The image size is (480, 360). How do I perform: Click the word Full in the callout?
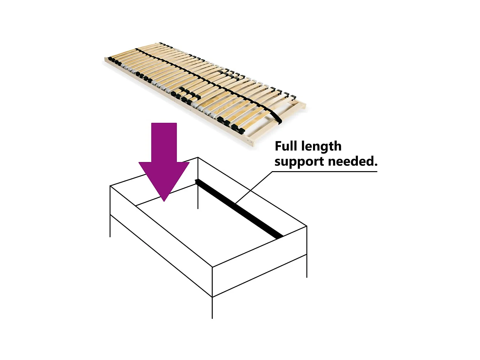pyautogui.click(x=286, y=146)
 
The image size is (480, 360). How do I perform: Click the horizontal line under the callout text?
pyautogui.click(x=325, y=172)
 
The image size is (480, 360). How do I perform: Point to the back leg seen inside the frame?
pyautogui.click(x=198, y=196)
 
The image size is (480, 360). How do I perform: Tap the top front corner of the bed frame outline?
pyautogui.click(x=212, y=267)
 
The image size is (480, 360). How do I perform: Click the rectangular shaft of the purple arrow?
pyautogui.click(x=164, y=142)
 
